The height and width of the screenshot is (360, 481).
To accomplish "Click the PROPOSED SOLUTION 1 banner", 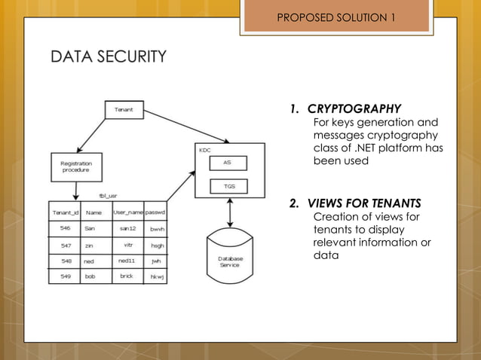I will coord(335,17).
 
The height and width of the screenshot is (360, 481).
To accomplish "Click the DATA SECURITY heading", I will coord(108,56).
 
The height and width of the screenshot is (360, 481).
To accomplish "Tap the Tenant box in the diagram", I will coord(124,110).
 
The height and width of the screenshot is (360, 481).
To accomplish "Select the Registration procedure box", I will coord(75,166).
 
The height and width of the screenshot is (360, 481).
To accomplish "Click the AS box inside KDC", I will coord(227,162).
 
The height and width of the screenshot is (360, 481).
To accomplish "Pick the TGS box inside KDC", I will coord(227,185).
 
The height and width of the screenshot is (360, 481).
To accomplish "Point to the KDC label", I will coord(205,150).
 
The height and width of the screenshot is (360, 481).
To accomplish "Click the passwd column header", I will coord(156,212).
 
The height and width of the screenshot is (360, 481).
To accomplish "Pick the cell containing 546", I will coord(66,227).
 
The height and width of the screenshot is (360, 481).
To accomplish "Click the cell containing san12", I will coord(127,227).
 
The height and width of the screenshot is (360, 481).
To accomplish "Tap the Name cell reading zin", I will coord(89,245).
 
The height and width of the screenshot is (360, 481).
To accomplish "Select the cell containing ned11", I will coord(127,261).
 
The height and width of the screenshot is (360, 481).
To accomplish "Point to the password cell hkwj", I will coord(156,276).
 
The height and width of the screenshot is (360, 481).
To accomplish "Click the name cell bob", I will coord(90,276).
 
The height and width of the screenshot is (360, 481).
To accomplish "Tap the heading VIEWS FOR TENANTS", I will coord(363,203).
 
